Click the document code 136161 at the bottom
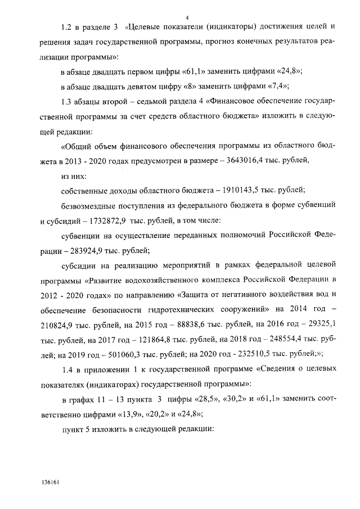(x=49, y=483)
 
